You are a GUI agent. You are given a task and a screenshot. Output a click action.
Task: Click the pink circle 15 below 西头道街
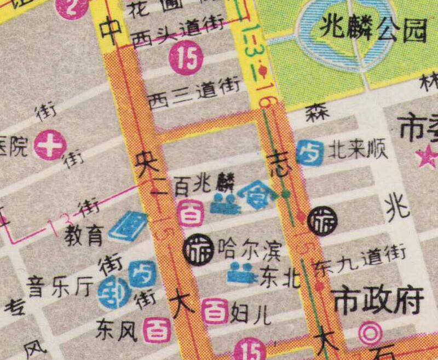tap(186, 59)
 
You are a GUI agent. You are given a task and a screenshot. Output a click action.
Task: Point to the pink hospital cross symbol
tap(50, 146)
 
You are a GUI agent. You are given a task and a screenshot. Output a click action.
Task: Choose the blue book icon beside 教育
tap(129, 226)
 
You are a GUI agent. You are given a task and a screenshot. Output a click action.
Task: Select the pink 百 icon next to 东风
tap(157, 330)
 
